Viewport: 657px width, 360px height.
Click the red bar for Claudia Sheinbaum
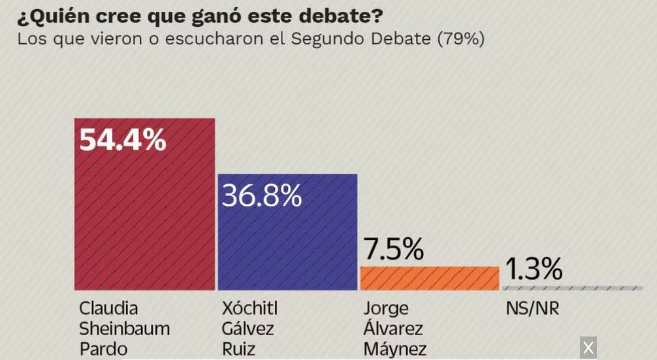click(144, 216)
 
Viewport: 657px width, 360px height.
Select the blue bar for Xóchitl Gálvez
click(287, 242)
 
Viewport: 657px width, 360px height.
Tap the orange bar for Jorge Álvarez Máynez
click(429, 278)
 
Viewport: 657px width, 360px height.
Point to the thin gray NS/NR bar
click(572, 288)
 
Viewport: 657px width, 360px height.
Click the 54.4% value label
click(123, 139)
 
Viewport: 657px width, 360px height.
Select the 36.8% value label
click(262, 195)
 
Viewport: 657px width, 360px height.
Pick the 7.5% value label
click(393, 248)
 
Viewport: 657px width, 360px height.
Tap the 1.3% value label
click(534, 269)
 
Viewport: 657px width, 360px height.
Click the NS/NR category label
click(532, 308)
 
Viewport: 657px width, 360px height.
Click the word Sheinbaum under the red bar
click(124, 328)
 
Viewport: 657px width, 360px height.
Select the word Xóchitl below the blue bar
click(249, 308)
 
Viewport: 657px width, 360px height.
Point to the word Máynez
click(394, 348)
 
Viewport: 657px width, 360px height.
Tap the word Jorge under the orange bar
click(385, 308)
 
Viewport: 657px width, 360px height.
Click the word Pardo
click(103, 348)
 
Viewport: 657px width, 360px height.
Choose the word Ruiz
click(238, 348)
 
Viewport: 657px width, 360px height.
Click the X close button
click(588, 348)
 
